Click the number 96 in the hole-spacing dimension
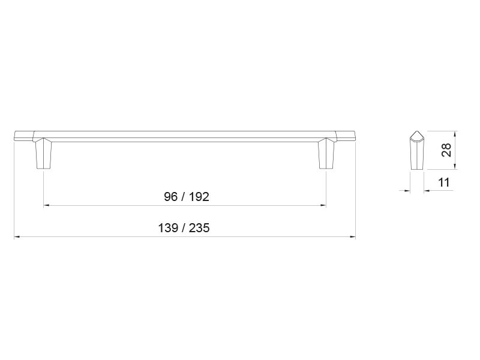[170, 197]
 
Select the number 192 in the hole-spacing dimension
[199, 197]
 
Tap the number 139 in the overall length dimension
[168, 228]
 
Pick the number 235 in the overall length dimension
[199, 228]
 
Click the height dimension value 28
[446, 150]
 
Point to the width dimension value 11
[444, 182]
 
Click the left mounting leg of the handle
[43, 154]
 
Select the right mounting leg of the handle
[326, 154]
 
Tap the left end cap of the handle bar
[24, 136]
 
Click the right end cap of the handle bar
[346, 136]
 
